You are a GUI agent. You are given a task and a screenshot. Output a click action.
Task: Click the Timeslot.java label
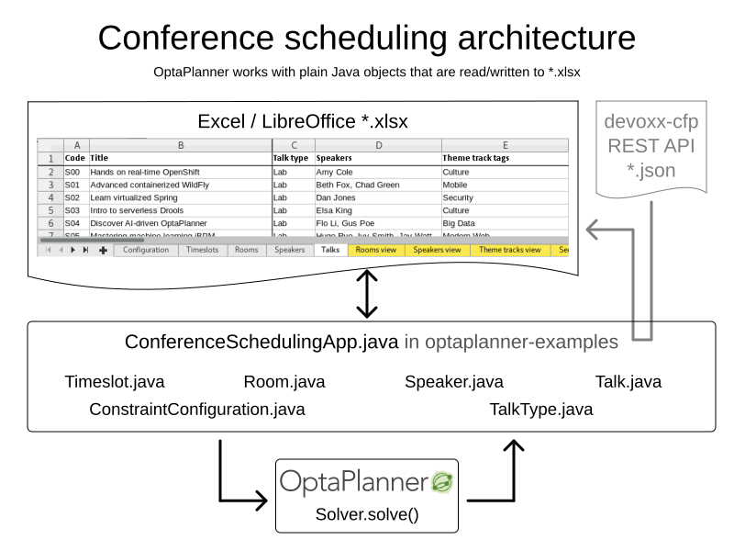(x=115, y=382)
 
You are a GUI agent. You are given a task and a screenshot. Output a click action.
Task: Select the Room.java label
(x=284, y=382)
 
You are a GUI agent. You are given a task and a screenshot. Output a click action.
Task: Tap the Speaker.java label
(x=453, y=382)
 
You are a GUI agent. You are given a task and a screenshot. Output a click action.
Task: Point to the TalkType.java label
(x=540, y=409)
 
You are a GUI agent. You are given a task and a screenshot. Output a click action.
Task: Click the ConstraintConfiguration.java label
(x=196, y=409)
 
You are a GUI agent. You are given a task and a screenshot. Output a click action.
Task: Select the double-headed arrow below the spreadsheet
(x=367, y=292)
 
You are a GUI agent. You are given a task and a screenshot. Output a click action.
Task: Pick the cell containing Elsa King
(x=335, y=210)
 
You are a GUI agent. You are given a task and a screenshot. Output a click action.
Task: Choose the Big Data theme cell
(x=462, y=223)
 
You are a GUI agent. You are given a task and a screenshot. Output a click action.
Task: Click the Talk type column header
(x=292, y=158)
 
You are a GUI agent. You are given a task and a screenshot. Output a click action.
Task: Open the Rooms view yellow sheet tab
(x=377, y=250)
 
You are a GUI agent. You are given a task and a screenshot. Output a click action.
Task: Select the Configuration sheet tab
(x=145, y=250)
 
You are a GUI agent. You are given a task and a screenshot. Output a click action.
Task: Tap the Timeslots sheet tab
(x=201, y=250)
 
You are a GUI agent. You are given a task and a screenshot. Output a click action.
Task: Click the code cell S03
(x=73, y=210)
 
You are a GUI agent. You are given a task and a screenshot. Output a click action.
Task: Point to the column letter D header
(x=377, y=144)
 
